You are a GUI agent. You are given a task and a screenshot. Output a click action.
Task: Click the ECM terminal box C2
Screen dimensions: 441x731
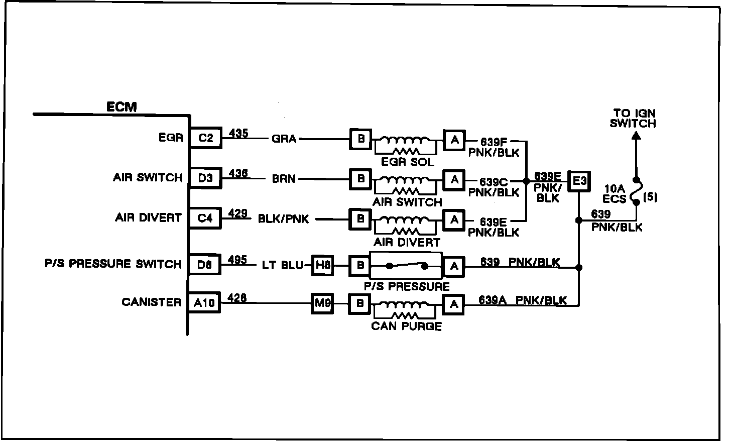coord(206,138)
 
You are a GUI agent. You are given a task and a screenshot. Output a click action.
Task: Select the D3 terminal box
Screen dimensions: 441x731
coord(206,178)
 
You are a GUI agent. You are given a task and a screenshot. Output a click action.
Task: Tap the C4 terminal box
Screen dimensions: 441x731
coord(206,218)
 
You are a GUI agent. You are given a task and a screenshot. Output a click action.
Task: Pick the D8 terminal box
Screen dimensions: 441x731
coord(205,265)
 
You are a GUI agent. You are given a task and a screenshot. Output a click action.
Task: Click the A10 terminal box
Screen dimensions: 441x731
coord(204,303)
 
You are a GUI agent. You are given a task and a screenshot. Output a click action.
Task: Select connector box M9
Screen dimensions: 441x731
coord(322,303)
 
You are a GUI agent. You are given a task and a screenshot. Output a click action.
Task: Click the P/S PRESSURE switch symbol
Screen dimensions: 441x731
coord(406,266)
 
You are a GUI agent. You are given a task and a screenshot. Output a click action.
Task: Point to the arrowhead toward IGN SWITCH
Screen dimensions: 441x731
coord(635,136)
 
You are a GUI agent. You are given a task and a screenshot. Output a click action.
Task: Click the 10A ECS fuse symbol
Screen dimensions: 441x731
coord(636,191)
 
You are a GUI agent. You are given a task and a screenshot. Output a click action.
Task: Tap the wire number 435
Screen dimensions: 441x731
coord(238,134)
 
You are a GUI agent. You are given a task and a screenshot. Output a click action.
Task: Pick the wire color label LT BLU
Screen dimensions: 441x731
coord(282,265)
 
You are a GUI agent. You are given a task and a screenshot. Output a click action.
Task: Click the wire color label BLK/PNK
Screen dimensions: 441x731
coord(284,218)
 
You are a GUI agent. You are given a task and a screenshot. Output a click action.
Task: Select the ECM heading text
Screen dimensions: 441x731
coord(121,107)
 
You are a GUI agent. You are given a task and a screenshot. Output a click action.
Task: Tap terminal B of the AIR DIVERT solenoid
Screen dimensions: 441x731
coord(360,219)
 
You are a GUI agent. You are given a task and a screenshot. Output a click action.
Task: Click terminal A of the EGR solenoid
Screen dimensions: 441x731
coord(454,140)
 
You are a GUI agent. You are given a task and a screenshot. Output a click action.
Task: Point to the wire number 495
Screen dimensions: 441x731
coord(237,260)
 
